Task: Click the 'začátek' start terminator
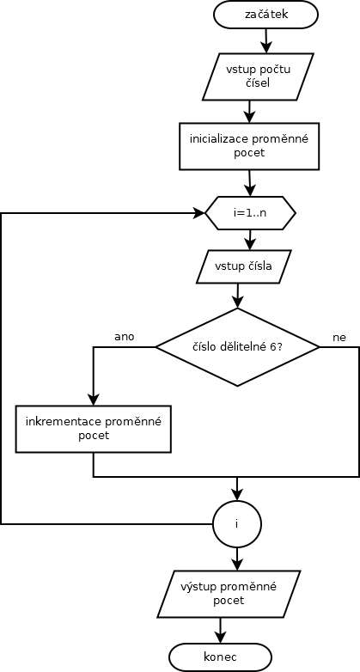[x=265, y=15]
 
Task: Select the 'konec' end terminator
[x=220, y=657]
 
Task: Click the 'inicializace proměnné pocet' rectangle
[x=249, y=146]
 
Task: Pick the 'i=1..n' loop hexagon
[x=250, y=212]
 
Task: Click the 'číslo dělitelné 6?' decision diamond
[x=237, y=347]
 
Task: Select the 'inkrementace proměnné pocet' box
[x=94, y=430]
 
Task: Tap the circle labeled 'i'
[x=236, y=523]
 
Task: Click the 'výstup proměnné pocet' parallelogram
[x=229, y=594]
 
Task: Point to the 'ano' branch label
[x=125, y=337]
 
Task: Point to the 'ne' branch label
[x=339, y=337]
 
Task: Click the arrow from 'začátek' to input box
[x=266, y=40]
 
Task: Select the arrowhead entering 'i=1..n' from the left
[x=199, y=212]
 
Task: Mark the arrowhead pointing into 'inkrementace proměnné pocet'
[x=94, y=400]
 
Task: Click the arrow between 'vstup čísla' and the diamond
[x=237, y=296]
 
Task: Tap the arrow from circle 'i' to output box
[x=236, y=559]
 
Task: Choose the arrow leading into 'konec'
[x=220, y=630]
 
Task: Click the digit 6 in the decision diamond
[x=272, y=347]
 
